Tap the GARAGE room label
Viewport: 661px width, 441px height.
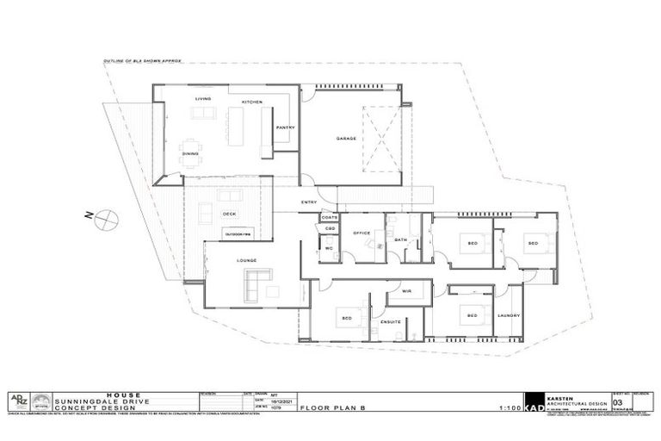(x=346, y=139)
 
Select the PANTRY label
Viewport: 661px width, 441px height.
(x=286, y=127)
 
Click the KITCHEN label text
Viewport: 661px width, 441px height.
(x=251, y=102)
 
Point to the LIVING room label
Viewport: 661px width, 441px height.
(x=202, y=99)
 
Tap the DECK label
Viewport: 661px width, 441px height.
(x=229, y=214)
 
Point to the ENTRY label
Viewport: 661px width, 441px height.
(x=308, y=203)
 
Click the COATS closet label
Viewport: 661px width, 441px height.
(x=329, y=218)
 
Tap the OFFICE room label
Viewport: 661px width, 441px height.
(x=361, y=233)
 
